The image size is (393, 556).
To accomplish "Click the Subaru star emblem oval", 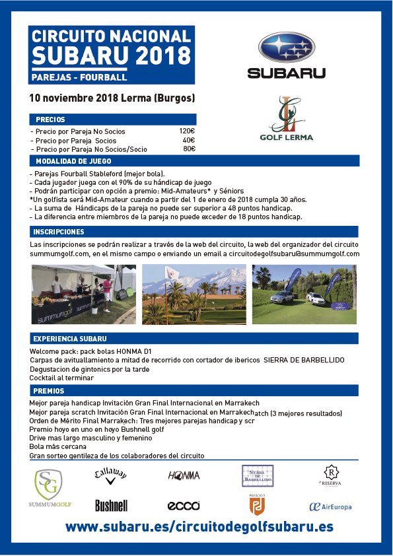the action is [x=287, y=48].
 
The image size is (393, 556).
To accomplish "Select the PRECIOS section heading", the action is [x=50, y=120].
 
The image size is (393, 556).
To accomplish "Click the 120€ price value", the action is [x=187, y=131].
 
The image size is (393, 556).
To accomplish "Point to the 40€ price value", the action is [x=188, y=140].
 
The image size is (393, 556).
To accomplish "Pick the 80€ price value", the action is [x=189, y=149].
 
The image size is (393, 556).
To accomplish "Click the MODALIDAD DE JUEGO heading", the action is [x=73, y=161].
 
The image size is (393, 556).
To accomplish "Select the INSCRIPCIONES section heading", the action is [x=59, y=232].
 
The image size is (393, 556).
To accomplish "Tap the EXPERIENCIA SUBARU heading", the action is [x=70, y=338].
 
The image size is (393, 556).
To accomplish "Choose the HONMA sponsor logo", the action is [x=184, y=475].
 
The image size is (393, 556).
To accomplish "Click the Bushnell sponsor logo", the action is [x=111, y=506].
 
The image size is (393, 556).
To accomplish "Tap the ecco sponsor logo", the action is [x=184, y=506].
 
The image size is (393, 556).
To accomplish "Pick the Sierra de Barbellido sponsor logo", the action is [x=258, y=475].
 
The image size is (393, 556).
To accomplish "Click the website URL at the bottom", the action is [x=199, y=527].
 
